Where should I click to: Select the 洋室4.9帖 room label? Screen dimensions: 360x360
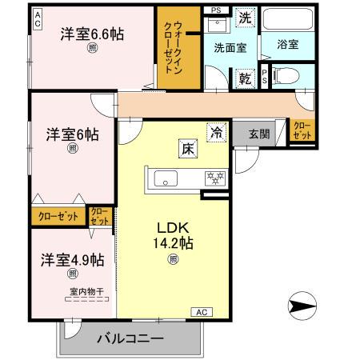click(73, 259)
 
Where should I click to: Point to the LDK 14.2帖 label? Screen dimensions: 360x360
click(174, 234)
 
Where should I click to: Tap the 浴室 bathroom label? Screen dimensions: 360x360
click(287, 44)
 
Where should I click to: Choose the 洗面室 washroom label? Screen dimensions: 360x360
click(230, 47)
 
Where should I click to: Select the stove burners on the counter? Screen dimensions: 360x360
click(215, 177)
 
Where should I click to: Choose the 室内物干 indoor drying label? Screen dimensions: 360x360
click(75, 291)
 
